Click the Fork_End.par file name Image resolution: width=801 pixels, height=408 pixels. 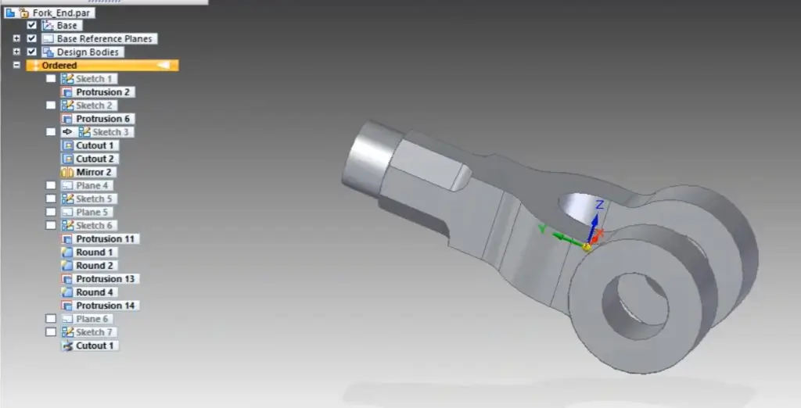pyautogui.click(x=64, y=13)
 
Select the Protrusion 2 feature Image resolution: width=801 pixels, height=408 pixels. pyautogui.click(x=102, y=92)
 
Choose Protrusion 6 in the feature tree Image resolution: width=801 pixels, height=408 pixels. pyautogui.click(x=102, y=119)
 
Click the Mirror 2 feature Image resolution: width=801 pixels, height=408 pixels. pyautogui.click(x=94, y=172)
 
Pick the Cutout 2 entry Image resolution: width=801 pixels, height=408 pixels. pyautogui.click(x=95, y=159)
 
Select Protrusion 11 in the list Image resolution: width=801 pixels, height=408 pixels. pyautogui.click(x=106, y=238)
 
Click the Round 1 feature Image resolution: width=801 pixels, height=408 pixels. pyautogui.click(x=95, y=252)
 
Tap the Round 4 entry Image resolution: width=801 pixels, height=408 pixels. pyautogui.click(x=95, y=292)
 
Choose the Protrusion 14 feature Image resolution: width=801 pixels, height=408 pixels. pyautogui.click(x=106, y=306)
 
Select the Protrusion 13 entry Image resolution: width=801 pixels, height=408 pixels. pyautogui.click(x=106, y=279)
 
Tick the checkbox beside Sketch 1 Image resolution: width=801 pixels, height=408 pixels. pyautogui.click(x=51, y=79)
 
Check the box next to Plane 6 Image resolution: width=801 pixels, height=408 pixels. pyautogui.click(x=51, y=319)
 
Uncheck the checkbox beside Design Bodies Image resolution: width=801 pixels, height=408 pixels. pyautogui.click(x=32, y=52)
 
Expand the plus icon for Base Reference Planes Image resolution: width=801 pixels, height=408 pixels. pyautogui.click(x=16, y=39)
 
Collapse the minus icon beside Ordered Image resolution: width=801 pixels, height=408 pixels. pyautogui.click(x=16, y=66)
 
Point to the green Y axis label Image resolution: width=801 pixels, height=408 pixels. pyautogui.click(x=542, y=229)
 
